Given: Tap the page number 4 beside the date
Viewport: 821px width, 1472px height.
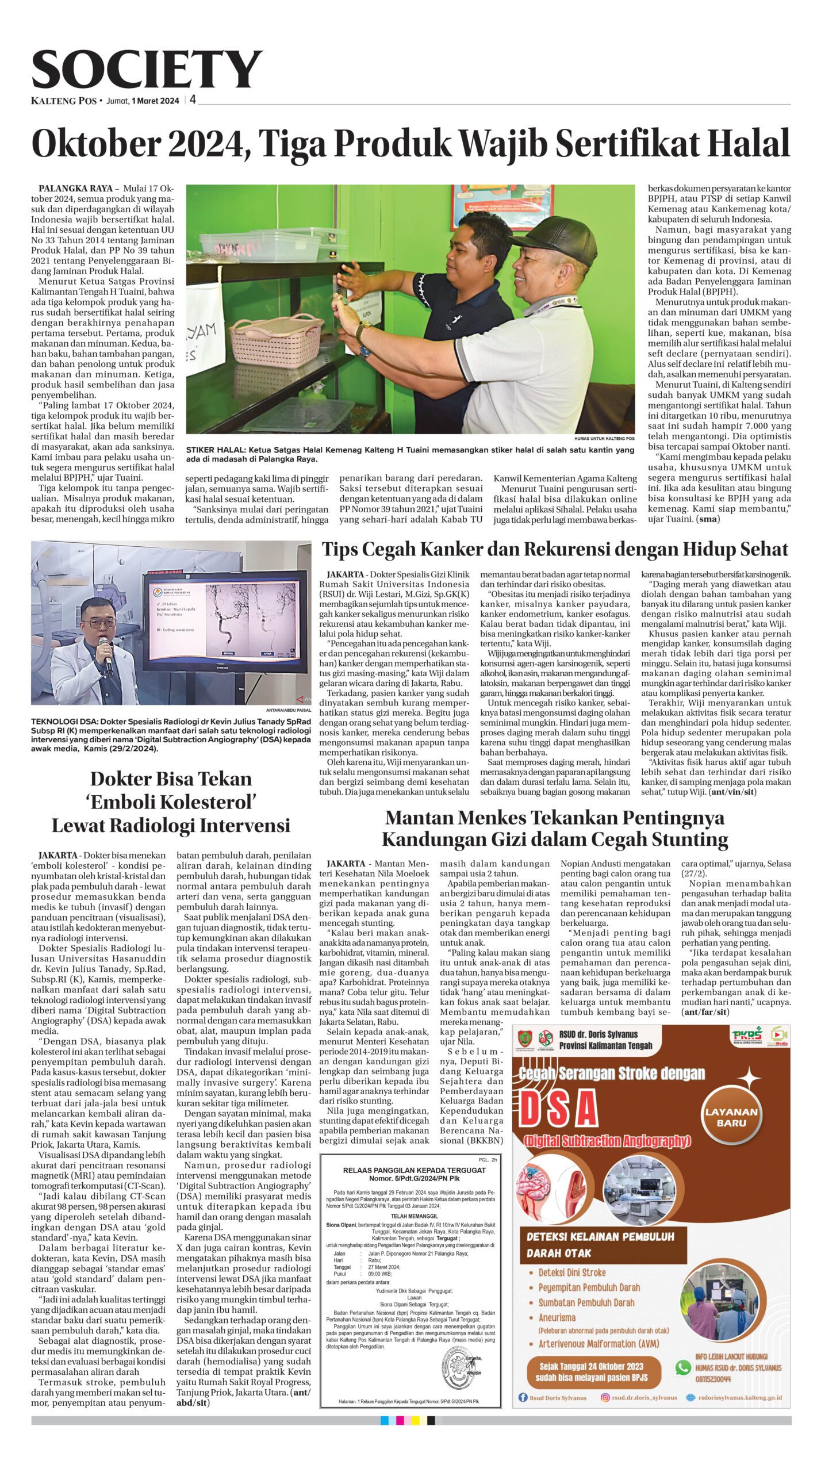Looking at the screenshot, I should click(x=193, y=100).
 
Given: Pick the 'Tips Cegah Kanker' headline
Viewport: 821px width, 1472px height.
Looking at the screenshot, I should click(x=554, y=549).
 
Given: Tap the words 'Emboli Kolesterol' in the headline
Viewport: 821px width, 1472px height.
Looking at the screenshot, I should click(x=171, y=802).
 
